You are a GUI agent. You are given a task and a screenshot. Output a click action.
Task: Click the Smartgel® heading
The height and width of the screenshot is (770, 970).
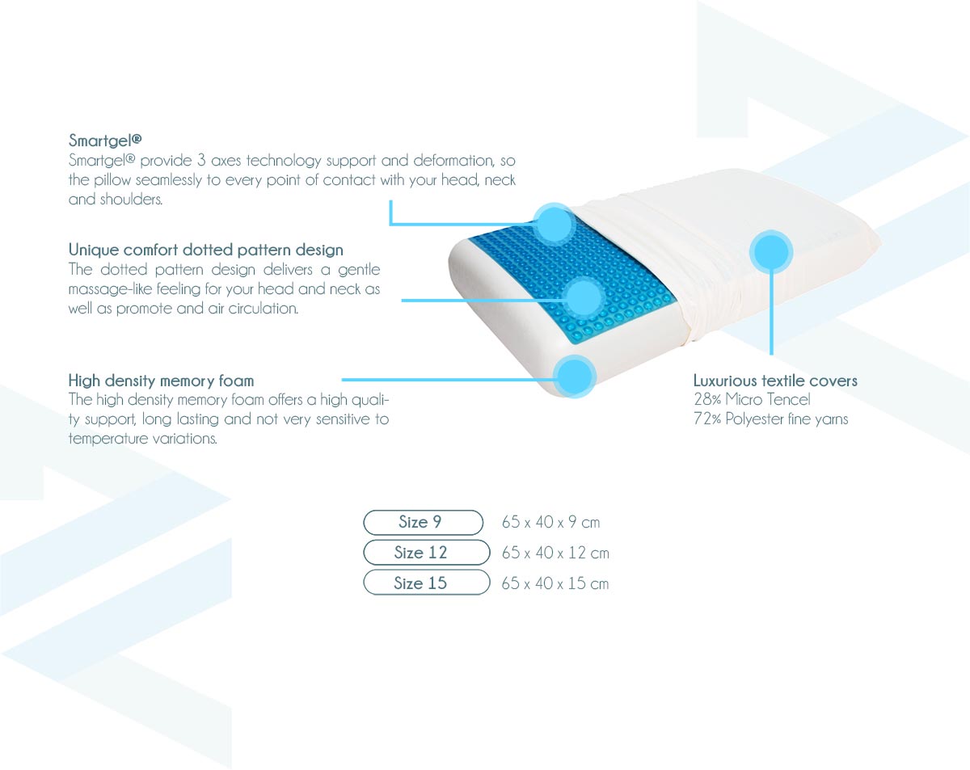coord(105,140)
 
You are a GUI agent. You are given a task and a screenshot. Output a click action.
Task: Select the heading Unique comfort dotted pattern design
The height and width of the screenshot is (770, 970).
coord(206,250)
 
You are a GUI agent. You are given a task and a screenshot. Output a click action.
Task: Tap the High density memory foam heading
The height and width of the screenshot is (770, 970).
coord(161,381)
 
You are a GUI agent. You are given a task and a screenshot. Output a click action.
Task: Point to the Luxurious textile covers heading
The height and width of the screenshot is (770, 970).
coord(775,381)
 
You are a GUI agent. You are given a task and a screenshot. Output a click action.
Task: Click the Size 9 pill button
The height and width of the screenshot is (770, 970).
coord(424,522)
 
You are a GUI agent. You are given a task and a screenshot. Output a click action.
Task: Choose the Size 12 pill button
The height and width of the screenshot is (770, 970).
coord(427,553)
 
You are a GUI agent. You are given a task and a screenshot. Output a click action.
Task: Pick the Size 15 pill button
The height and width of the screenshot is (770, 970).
coord(427,583)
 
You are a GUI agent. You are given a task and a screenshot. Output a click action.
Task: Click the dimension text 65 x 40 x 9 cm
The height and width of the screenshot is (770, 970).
coord(550,522)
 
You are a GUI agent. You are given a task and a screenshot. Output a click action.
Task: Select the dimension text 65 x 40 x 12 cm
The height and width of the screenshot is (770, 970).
coord(555,553)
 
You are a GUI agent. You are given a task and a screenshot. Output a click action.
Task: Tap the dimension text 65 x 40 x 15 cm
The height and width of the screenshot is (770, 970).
coord(555,583)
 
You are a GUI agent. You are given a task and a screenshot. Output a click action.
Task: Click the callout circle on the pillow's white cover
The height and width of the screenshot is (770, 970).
coord(771,251)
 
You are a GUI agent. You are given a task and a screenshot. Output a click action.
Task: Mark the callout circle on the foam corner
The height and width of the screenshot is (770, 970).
coord(575,377)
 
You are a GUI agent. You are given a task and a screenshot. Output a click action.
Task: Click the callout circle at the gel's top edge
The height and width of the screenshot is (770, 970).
coord(555,225)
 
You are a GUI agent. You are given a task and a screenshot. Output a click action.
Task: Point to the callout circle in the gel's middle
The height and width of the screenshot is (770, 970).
coord(584,298)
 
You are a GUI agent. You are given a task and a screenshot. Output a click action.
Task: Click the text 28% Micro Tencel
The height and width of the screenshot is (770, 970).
coord(752,399)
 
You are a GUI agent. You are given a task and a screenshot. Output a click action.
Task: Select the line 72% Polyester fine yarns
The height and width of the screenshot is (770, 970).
coord(771,419)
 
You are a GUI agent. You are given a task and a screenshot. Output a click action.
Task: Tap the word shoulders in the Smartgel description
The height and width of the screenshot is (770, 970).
coord(131,199)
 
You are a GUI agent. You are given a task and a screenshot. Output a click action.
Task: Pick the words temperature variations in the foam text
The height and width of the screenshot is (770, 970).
coord(143,439)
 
